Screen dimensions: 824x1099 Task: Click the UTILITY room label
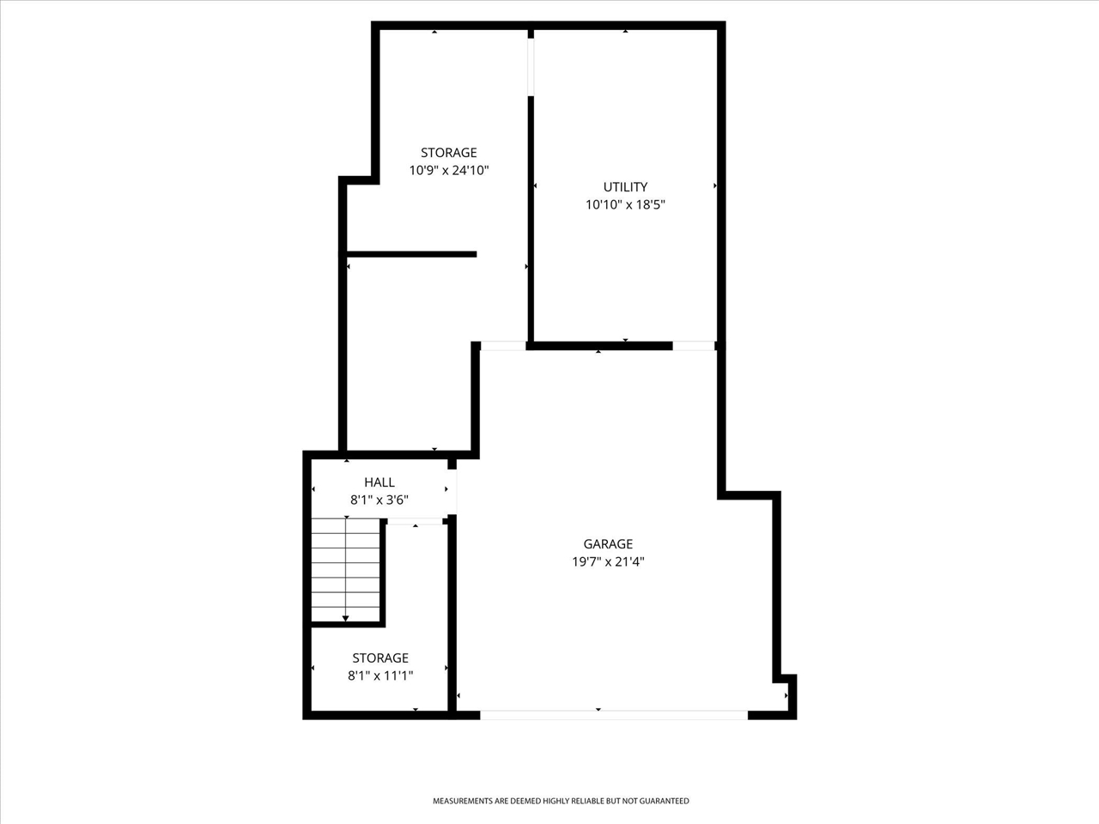point(625,187)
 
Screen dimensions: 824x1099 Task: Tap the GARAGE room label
point(608,544)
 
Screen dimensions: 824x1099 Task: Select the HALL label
point(379,482)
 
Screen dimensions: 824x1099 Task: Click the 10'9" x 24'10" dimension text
point(449,171)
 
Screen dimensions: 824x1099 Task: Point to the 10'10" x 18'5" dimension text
point(625,205)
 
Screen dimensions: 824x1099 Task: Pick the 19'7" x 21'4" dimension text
point(608,562)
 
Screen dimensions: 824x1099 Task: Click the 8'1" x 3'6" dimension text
point(379,500)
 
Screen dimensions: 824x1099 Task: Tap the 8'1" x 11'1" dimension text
point(380,676)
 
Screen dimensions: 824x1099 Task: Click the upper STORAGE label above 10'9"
point(449,153)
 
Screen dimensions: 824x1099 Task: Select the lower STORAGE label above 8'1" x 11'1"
point(380,658)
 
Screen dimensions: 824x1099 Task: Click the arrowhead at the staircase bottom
point(346,617)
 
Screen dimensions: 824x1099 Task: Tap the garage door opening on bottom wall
point(613,713)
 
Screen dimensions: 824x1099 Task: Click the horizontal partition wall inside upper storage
point(411,254)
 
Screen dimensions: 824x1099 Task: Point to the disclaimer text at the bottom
point(561,801)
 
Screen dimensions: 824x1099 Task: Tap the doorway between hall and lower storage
point(415,521)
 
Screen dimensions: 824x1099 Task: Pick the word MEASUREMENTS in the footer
point(463,801)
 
